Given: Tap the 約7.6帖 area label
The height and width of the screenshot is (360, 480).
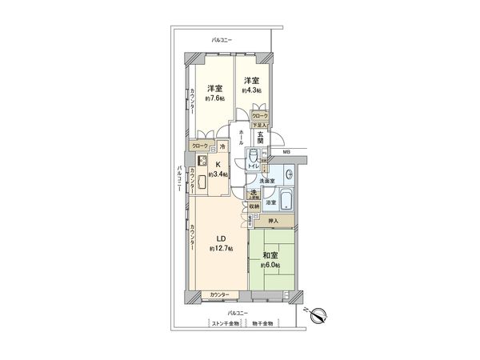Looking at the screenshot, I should tap(214, 100).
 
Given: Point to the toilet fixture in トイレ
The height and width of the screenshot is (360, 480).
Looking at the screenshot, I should tap(254, 154).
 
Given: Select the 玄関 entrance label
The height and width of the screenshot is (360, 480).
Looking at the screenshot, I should tap(272, 138).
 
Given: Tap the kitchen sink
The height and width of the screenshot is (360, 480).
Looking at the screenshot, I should tap(202, 182).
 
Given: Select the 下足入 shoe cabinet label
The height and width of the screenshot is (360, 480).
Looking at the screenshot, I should tap(258, 126).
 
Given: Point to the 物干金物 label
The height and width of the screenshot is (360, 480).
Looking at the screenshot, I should tap(263, 323).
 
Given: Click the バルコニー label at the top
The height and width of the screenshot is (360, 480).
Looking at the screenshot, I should tap(222, 38).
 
